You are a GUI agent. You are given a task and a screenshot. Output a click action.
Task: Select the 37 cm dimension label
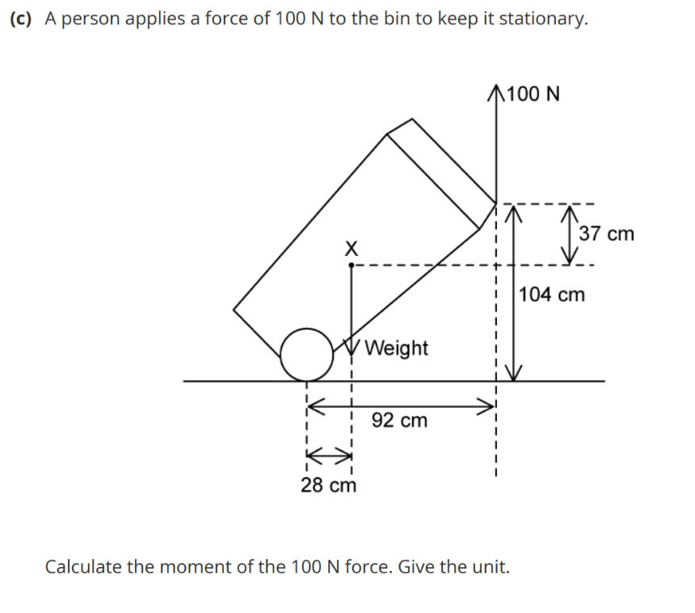(607, 234)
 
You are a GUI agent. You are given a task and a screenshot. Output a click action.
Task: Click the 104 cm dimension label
(552, 295)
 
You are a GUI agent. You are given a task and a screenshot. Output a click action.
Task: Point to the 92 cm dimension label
(399, 421)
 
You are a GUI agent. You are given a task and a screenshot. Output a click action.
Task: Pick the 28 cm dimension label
(328, 485)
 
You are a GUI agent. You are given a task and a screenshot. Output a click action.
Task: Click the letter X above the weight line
(350, 249)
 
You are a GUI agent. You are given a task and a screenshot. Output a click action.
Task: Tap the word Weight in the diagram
(396, 348)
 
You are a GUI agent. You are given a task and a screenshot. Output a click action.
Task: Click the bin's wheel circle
(306, 354)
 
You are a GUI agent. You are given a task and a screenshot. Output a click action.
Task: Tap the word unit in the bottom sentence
(493, 566)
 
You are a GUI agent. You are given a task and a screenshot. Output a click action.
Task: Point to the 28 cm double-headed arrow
(329, 454)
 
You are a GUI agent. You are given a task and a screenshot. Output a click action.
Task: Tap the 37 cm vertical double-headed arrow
(572, 234)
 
